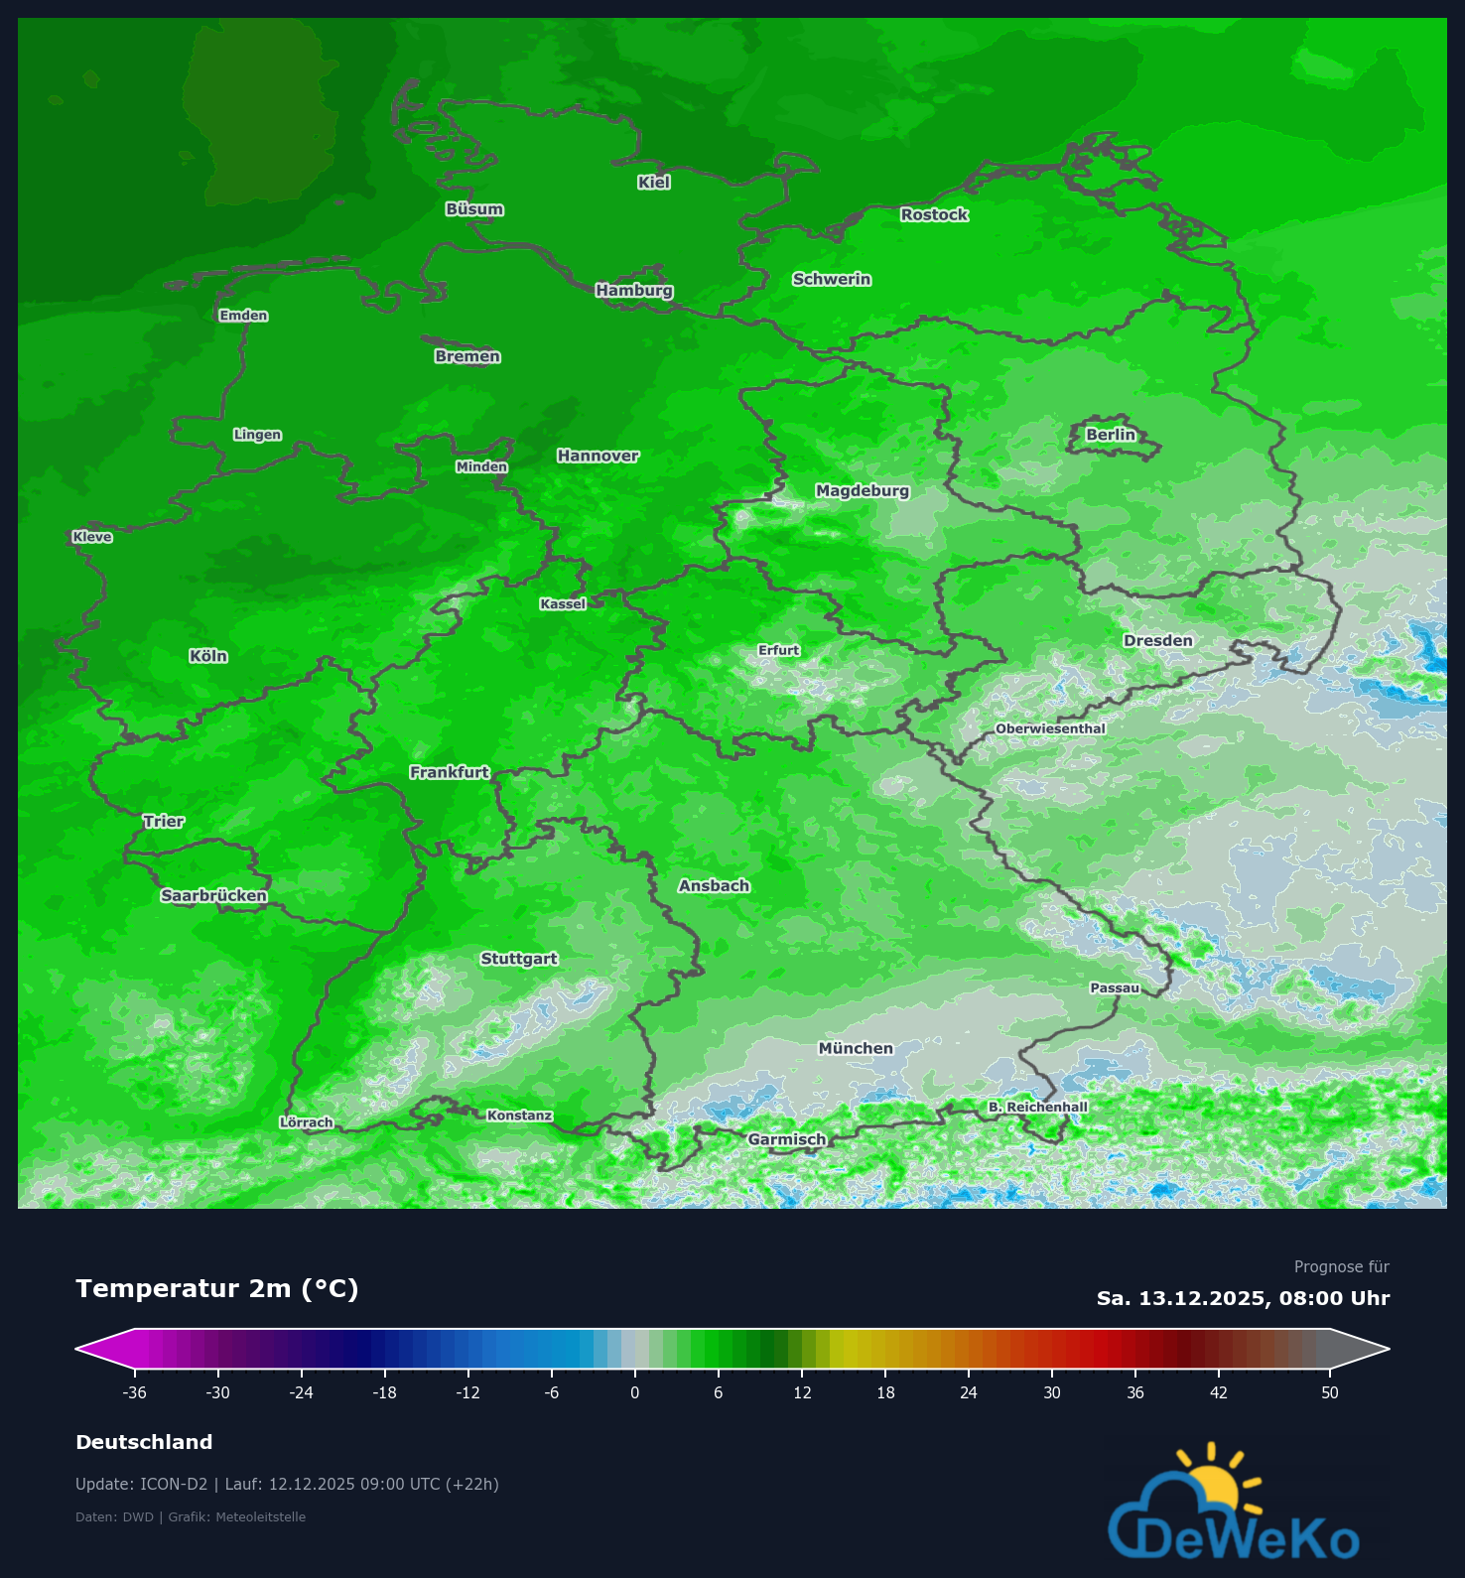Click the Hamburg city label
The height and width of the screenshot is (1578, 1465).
click(634, 290)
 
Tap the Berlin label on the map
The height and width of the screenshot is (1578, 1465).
click(1110, 435)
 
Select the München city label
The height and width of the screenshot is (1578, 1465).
click(856, 1048)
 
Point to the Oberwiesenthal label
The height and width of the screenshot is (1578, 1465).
click(1050, 728)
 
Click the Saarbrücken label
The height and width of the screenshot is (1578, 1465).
click(213, 895)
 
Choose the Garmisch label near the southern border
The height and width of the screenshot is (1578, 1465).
click(786, 1139)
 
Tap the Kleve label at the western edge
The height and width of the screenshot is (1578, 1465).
click(92, 537)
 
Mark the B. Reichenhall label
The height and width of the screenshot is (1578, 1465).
click(1037, 1107)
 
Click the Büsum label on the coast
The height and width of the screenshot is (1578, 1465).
click(474, 209)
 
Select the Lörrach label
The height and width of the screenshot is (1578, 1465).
click(306, 1122)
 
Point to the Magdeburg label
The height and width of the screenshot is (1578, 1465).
click(862, 490)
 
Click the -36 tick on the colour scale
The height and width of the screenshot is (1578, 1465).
click(135, 1392)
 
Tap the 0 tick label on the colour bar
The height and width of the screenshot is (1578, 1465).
click(635, 1392)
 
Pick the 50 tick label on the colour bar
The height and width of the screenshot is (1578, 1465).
click(1330, 1392)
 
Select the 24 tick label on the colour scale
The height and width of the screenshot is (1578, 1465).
click(969, 1392)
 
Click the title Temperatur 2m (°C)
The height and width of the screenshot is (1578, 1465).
click(216, 1288)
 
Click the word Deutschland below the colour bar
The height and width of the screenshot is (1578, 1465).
click(144, 1442)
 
